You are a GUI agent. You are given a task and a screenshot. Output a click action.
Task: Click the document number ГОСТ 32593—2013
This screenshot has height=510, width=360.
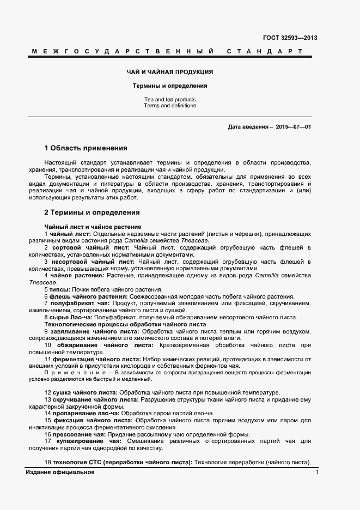(x=290, y=38)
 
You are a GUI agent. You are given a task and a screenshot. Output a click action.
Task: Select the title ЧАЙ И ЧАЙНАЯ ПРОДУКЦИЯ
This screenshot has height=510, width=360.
(x=170, y=72)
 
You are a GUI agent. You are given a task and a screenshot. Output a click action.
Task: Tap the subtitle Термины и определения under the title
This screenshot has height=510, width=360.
(x=170, y=86)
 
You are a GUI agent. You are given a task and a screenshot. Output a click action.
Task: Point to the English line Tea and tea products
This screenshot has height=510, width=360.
(x=170, y=100)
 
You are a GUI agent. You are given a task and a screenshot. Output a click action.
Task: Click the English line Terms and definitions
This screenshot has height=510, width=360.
(x=170, y=106)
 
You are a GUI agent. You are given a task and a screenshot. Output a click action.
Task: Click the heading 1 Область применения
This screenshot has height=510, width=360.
(x=86, y=148)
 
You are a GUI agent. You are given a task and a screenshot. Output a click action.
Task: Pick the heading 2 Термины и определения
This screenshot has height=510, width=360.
(x=91, y=212)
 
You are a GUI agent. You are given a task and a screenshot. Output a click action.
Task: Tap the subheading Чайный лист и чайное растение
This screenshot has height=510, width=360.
(x=93, y=227)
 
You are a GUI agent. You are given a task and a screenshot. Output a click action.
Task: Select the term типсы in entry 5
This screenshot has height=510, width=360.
(x=59, y=289)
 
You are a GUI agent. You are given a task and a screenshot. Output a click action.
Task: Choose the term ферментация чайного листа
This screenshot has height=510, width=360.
(x=96, y=359)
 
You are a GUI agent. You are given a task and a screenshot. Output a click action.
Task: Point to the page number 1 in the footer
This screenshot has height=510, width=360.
(x=317, y=472)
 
